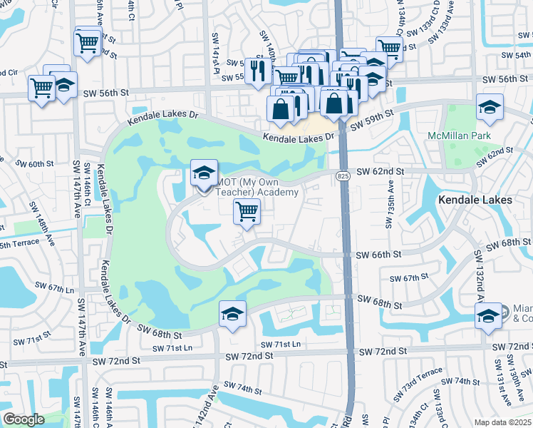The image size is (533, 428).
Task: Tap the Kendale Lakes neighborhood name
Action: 475,200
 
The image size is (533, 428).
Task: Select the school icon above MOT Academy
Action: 205,174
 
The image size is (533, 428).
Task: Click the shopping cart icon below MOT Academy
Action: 247,211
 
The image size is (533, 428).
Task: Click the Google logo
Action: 24,419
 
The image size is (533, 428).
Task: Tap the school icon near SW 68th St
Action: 233,315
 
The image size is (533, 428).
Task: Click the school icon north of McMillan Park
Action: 490,108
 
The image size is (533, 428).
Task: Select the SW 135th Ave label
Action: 390,208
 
